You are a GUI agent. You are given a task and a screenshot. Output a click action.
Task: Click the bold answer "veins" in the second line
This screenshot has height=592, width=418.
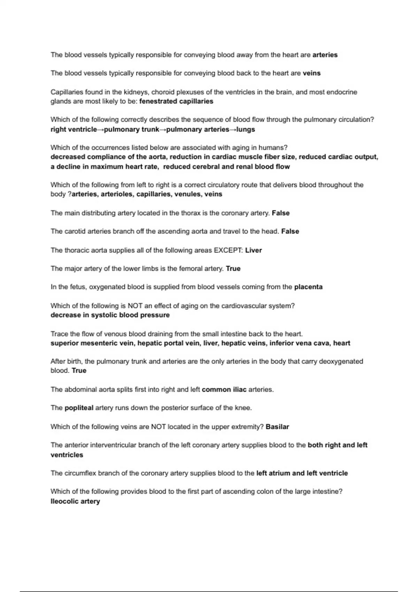pyautogui.click(x=311, y=73)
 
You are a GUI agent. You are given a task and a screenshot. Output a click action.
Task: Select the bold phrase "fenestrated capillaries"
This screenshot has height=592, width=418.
pyautogui.click(x=176, y=101)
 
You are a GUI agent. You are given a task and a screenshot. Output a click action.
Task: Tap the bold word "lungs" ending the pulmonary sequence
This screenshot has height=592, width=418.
pyautogui.click(x=246, y=130)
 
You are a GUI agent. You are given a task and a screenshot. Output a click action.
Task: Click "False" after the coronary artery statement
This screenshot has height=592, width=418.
pyautogui.click(x=280, y=213)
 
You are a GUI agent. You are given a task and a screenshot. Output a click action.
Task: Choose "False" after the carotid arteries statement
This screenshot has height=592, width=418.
pyautogui.click(x=290, y=232)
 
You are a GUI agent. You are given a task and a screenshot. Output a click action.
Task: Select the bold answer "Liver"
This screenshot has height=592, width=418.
pyautogui.click(x=253, y=250)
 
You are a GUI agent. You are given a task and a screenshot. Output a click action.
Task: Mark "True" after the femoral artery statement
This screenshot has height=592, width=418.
pyautogui.click(x=233, y=269)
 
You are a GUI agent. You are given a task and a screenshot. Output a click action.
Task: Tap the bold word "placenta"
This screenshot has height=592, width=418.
pyautogui.click(x=308, y=287)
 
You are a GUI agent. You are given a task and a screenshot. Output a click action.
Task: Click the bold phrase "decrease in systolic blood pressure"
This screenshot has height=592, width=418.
pyautogui.click(x=110, y=315)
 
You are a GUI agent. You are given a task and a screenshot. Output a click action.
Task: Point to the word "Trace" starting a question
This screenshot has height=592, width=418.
pyautogui.click(x=59, y=334)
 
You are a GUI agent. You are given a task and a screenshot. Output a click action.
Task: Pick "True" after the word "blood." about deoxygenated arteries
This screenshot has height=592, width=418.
pyautogui.click(x=79, y=371)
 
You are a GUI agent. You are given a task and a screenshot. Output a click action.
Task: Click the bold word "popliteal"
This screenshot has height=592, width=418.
pyautogui.click(x=79, y=408)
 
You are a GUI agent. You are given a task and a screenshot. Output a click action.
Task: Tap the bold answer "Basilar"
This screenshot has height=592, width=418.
pyautogui.click(x=277, y=427)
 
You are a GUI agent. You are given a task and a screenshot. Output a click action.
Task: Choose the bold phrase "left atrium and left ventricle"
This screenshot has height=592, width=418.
pyautogui.click(x=302, y=473)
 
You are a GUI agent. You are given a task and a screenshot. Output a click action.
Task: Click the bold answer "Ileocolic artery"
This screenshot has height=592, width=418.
pyautogui.click(x=75, y=501)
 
